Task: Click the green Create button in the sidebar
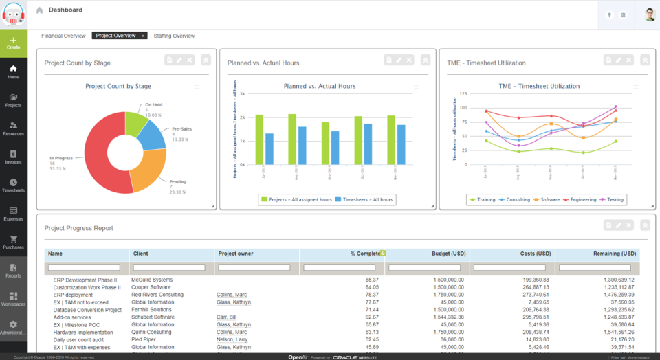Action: (x=14, y=43)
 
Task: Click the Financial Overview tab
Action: (x=63, y=36)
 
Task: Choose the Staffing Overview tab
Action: (x=174, y=36)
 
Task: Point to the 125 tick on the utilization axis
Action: (x=463, y=93)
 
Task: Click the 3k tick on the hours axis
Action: (x=242, y=93)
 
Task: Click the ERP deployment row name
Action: (x=73, y=295)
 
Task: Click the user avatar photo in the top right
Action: (x=650, y=14)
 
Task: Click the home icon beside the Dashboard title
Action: (x=39, y=10)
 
